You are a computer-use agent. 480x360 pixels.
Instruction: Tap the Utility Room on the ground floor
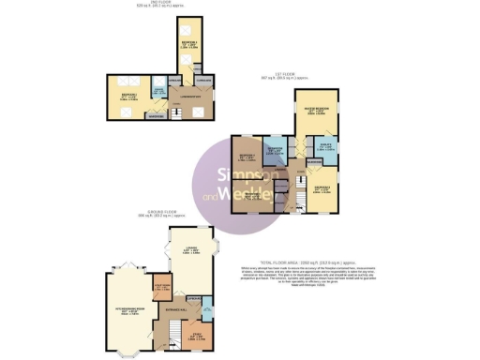click(x=160, y=289)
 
